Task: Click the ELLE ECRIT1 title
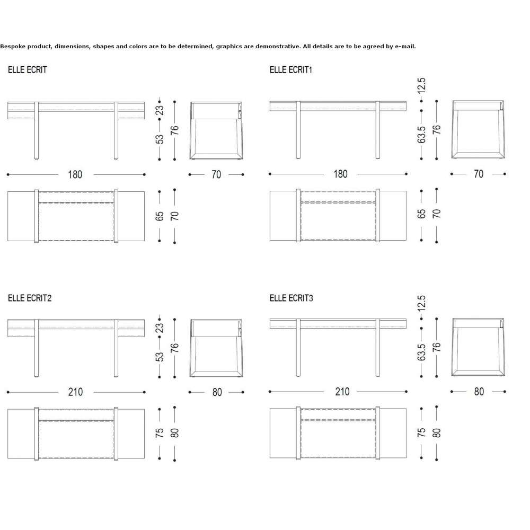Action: tap(290, 70)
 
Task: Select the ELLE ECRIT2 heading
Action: tap(30, 298)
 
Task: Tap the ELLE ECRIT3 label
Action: tap(291, 298)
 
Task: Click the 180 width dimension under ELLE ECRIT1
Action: tap(340, 174)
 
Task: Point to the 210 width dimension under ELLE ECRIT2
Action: tap(75, 392)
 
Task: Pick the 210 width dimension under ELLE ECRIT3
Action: tap(342, 392)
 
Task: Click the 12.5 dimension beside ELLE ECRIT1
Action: tap(421, 86)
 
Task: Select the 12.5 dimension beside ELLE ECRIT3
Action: tap(421, 304)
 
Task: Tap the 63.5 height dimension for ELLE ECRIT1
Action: tap(421, 135)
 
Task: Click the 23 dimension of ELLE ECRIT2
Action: tap(160, 328)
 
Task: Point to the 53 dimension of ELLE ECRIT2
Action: tap(160, 357)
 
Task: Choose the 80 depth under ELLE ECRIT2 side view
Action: tap(217, 392)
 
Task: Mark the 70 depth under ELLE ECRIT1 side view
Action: tap(479, 174)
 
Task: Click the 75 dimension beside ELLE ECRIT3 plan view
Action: tap(421, 432)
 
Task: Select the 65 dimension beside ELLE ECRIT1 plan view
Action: tap(421, 214)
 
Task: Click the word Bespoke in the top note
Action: tap(13, 46)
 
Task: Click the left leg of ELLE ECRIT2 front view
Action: tap(37, 348)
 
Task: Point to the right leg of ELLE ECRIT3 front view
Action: tap(378, 348)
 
